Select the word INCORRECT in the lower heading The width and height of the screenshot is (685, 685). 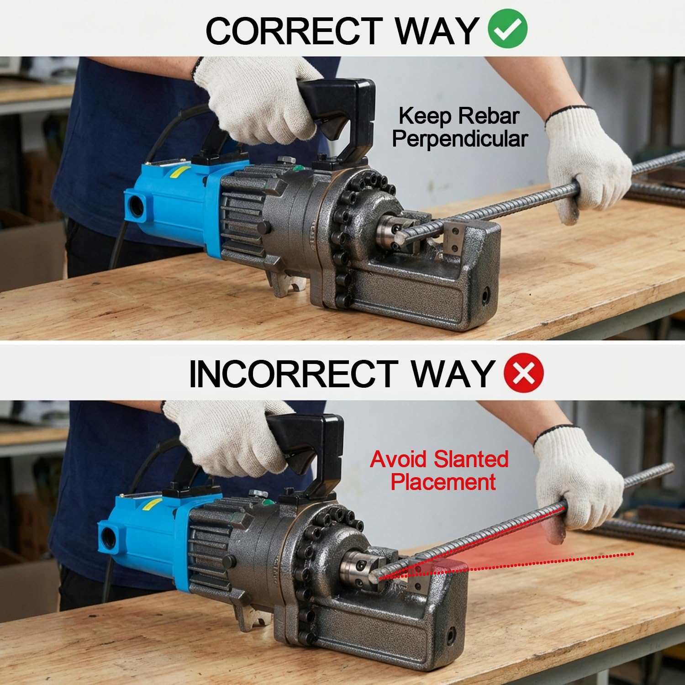(293, 374)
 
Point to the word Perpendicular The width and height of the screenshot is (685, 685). (460, 139)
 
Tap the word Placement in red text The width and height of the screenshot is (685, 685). (443, 482)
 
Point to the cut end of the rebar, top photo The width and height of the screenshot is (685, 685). (401, 236)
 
